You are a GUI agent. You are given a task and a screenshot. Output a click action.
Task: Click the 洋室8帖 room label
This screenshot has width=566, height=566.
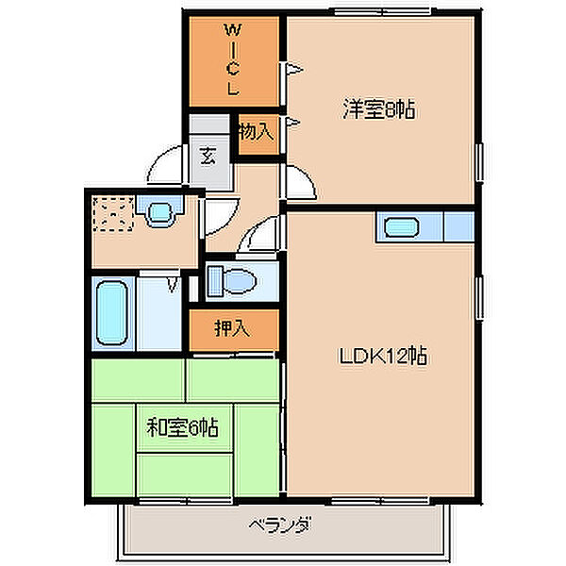point(378,110)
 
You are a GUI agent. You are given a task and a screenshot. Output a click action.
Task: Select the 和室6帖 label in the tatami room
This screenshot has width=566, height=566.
point(183,428)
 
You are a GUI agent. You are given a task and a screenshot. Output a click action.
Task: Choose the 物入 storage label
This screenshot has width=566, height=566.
point(256,131)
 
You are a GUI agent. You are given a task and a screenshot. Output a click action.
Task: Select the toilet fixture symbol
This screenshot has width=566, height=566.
point(227,280)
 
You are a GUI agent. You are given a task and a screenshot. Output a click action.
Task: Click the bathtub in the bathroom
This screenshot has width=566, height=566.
point(114,312)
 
